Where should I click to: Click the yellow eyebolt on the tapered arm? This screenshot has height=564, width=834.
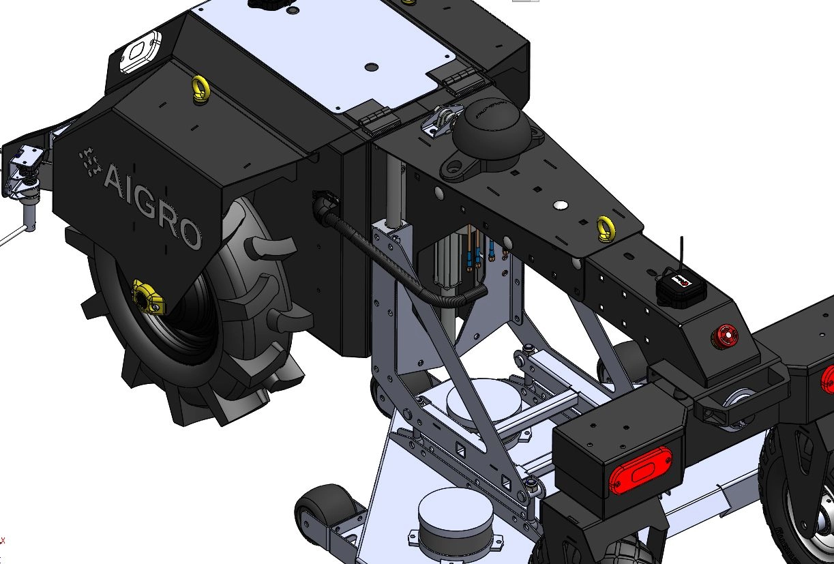pos(606,228)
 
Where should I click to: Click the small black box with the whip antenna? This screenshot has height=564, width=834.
pos(680,288)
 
